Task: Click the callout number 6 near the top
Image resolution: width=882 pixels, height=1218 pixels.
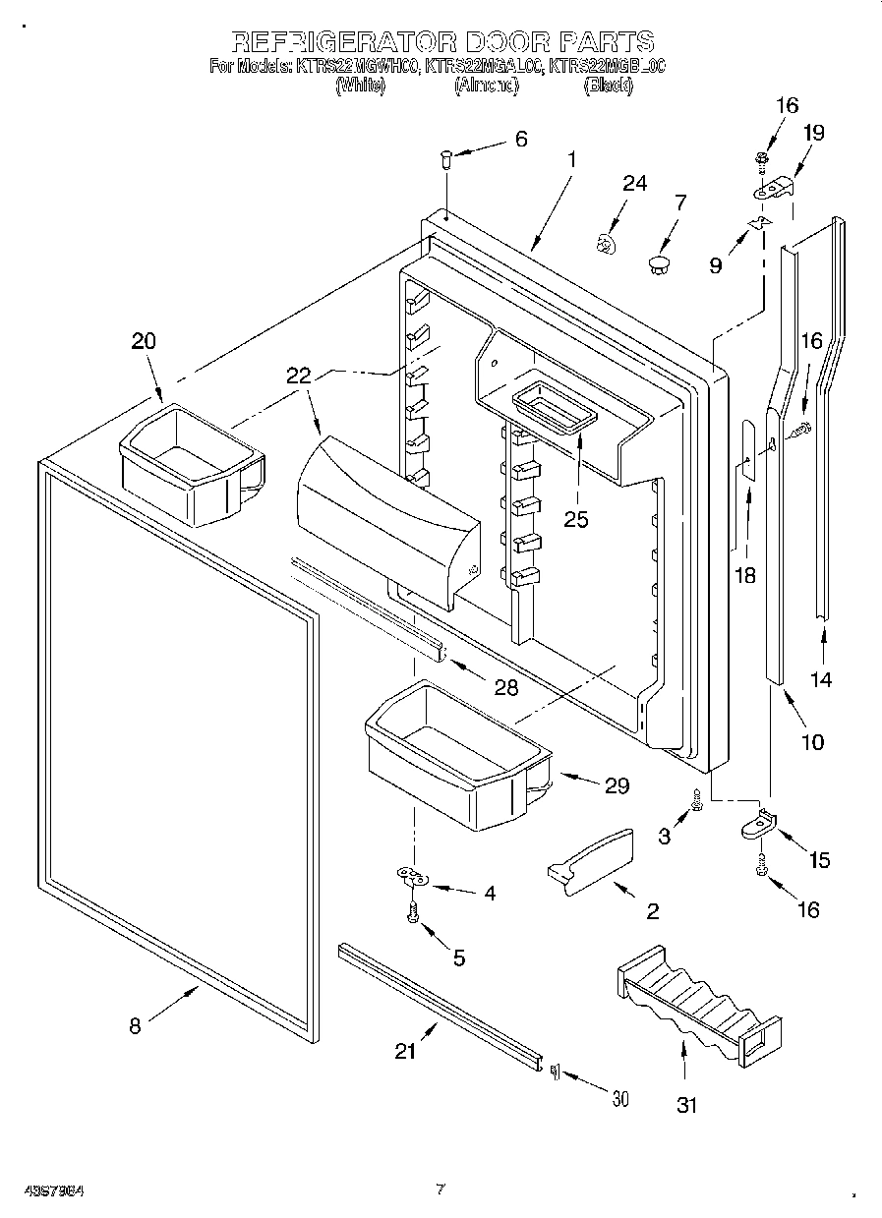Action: point(520,140)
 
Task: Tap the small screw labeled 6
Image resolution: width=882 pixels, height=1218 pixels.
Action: point(444,157)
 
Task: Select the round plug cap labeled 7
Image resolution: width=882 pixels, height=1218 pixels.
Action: point(659,262)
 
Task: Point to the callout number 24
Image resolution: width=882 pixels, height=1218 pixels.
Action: point(635,183)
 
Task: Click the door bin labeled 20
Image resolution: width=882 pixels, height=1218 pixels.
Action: point(190,461)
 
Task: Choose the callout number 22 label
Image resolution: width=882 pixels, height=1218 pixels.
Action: point(298,375)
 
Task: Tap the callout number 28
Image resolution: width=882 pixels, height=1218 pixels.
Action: point(505,687)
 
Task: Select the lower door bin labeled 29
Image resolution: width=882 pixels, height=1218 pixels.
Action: point(457,755)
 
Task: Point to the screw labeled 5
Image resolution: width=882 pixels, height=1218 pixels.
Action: point(413,913)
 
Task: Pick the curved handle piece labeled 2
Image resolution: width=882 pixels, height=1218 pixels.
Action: point(591,862)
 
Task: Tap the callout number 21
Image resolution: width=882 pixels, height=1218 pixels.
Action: point(405,1051)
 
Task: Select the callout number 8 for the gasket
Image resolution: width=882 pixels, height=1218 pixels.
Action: point(135,1025)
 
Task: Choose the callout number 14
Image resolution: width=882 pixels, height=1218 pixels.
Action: point(821,678)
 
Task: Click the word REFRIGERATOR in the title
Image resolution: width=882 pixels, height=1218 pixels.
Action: point(343,41)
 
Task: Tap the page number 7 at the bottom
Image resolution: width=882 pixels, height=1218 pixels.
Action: point(441,1189)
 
